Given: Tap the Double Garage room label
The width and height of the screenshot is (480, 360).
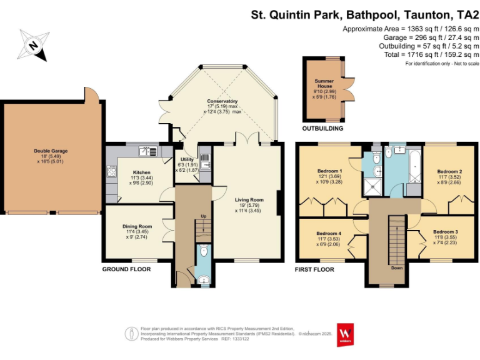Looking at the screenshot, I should [51, 151].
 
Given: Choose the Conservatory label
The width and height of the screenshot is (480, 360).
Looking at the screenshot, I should [223, 101].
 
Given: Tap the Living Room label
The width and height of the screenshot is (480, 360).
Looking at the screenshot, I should [249, 200].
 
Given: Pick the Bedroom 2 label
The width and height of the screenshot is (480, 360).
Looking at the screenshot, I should [449, 171].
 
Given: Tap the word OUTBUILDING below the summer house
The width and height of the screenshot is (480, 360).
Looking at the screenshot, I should [322, 129].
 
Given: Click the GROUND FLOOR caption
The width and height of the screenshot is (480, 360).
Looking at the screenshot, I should [127, 270].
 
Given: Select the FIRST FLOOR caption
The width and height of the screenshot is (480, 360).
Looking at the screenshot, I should [314, 270].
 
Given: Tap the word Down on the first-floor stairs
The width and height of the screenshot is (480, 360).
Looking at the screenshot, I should [396, 267].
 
